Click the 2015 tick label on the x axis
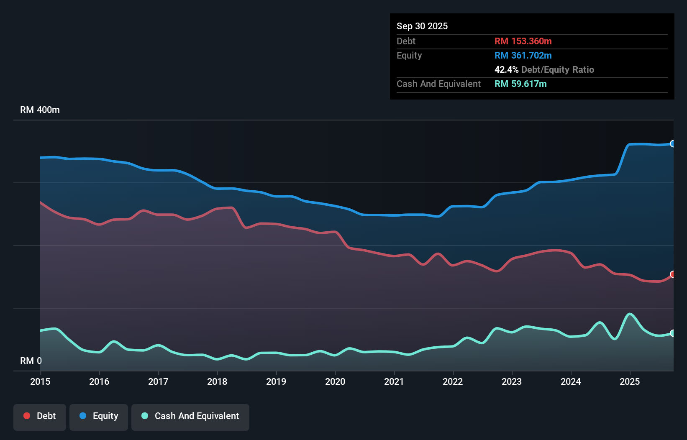tap(40, 381)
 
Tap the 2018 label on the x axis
tap(217, 381)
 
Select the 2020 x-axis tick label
tap(335, 381)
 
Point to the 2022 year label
tap(453, 381)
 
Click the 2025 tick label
tap(630, 381)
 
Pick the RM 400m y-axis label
tap(40, 110)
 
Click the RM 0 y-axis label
tap(31, 361)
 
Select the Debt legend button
tap(40, 416)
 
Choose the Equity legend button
tap(99, 416)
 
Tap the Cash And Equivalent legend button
tap(190, 416)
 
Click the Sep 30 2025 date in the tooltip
tap(422, 26)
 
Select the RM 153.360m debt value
tap(523, 41)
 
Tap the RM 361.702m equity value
tap(523, 56)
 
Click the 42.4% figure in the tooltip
tap(506, 70)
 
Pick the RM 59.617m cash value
tap(520, 84)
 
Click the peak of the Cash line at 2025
tap(629, 314)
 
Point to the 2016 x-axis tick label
tap(99, 381)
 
